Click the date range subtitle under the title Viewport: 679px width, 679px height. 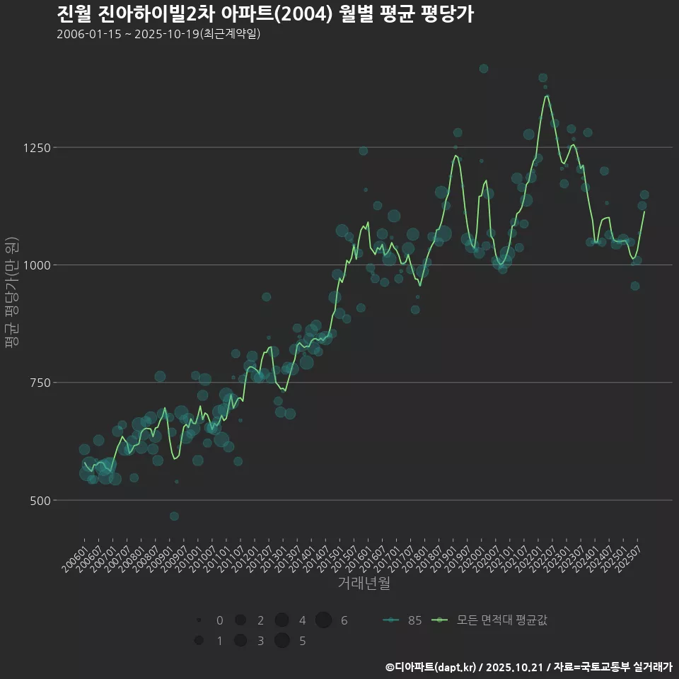click(158, 34)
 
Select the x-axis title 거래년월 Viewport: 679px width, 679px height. click(364, 584)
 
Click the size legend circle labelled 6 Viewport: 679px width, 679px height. click(324, 620)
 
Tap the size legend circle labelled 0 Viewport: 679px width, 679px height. click(199, 620)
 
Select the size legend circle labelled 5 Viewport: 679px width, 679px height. click(282, 641)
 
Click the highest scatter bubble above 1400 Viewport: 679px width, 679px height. click(484, 69)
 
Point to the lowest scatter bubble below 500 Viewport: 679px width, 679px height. click(174, 516)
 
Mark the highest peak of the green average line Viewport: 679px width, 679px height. click(547, 95)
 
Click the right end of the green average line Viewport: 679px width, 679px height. click(644, 211)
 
